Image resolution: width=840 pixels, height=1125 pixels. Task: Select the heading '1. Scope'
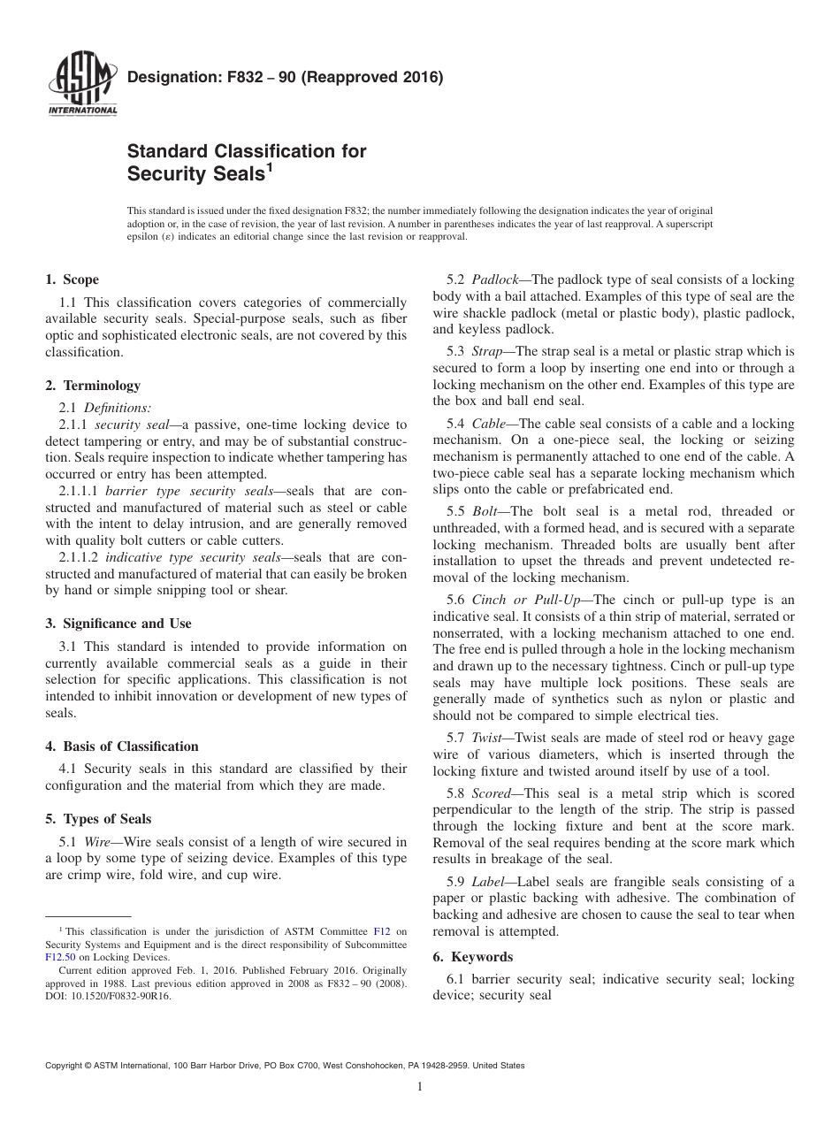pyautogui.click(x=72, y=280)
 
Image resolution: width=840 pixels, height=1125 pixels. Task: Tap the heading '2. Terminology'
pyautogui.click(x=93, y=386)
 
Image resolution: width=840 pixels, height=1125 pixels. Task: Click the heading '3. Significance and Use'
pyautogui.click(x=118, y=624)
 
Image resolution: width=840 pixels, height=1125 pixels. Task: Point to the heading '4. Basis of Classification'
pyautogui.click(x=121, y=746)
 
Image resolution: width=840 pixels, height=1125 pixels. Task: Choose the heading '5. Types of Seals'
pyautogui.click(x=98, y=818)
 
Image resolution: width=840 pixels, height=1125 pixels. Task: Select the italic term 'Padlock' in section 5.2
pyautogui.click(x=495, y=280)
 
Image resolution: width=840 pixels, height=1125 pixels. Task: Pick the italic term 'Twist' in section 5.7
pyautogui.click(x=487, y=737)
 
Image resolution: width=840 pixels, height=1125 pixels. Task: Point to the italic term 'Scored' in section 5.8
pyautogui.click(x=491, y=792)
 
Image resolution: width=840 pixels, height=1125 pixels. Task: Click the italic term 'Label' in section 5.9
pyautogui.click(x=489, y=881)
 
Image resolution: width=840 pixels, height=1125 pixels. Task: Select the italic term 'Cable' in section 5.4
pyautogui.click(x=489, y=424)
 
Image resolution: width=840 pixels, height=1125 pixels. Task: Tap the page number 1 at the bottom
pyautogui.click(x=420, y=1087)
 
